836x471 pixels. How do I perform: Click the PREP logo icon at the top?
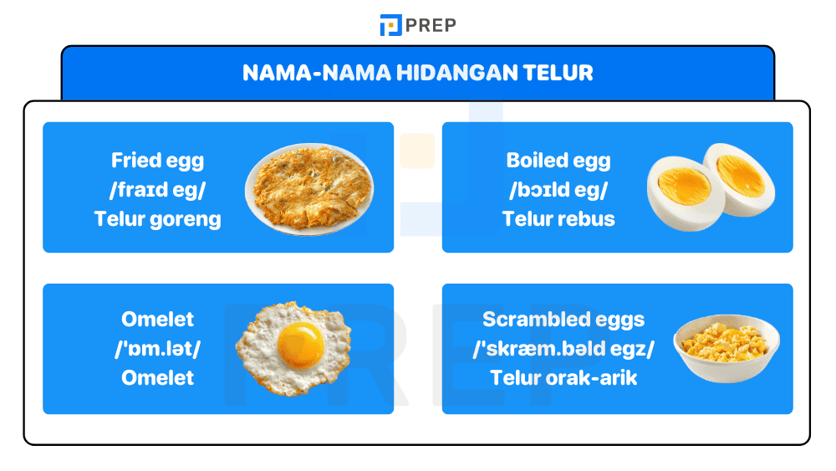(x=390, y=25)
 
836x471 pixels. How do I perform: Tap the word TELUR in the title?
(x=558, y=73)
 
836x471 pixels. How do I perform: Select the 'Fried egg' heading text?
(x=157, y=161)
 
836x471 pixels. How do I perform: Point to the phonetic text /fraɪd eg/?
(x=157, y=190)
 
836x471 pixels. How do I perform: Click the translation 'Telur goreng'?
(x=157, y=219)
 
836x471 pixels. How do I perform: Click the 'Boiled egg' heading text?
(x=558, y=161)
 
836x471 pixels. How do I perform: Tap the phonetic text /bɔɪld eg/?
(x=558, y=190)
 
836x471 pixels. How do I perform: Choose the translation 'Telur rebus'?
(x=558, y=219)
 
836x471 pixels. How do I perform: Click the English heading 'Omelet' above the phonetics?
(x=157, y=320)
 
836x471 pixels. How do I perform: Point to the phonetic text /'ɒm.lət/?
(x=157, y=349)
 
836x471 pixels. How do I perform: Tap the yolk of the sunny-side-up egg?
(x=301, y=344)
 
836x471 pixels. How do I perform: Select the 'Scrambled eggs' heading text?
(x=563, y=320)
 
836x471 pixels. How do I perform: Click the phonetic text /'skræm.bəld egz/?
(x=563, y=349)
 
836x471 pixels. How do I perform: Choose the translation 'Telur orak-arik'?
(x=563, y=378)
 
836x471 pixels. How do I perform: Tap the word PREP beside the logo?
(x=431, y=25)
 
